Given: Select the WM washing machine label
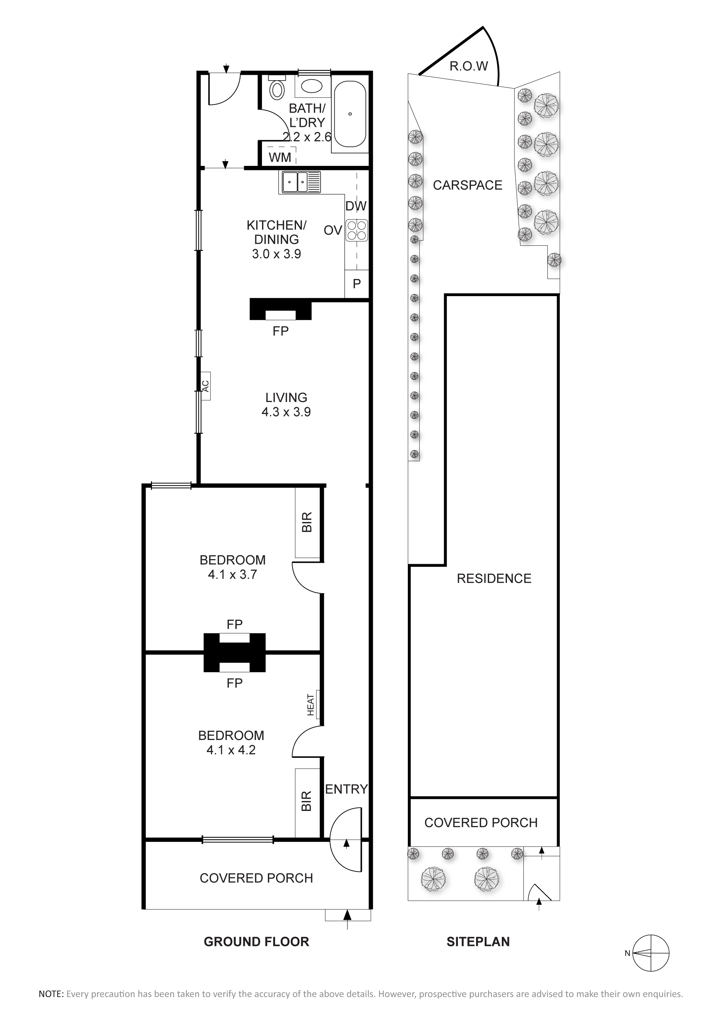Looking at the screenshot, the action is click(280, 157).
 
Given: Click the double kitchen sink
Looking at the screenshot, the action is click(300, 182).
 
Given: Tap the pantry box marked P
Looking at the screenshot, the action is click(357, 284).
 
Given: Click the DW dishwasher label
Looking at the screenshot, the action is click(356, 206).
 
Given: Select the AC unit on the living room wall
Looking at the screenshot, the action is click(205, 386).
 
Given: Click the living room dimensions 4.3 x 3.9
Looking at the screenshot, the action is click(286, 412).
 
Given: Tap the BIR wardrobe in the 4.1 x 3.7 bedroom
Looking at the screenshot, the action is click(308, 523).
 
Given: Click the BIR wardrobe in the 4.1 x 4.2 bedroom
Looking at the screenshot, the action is click(308, 802).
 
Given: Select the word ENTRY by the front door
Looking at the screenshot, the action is click(346, 789).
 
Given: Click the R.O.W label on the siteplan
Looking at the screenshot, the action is click(469, 66).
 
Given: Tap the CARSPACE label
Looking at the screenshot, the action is click(468, 185).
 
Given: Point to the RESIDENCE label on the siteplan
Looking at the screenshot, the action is click(494, 579).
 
